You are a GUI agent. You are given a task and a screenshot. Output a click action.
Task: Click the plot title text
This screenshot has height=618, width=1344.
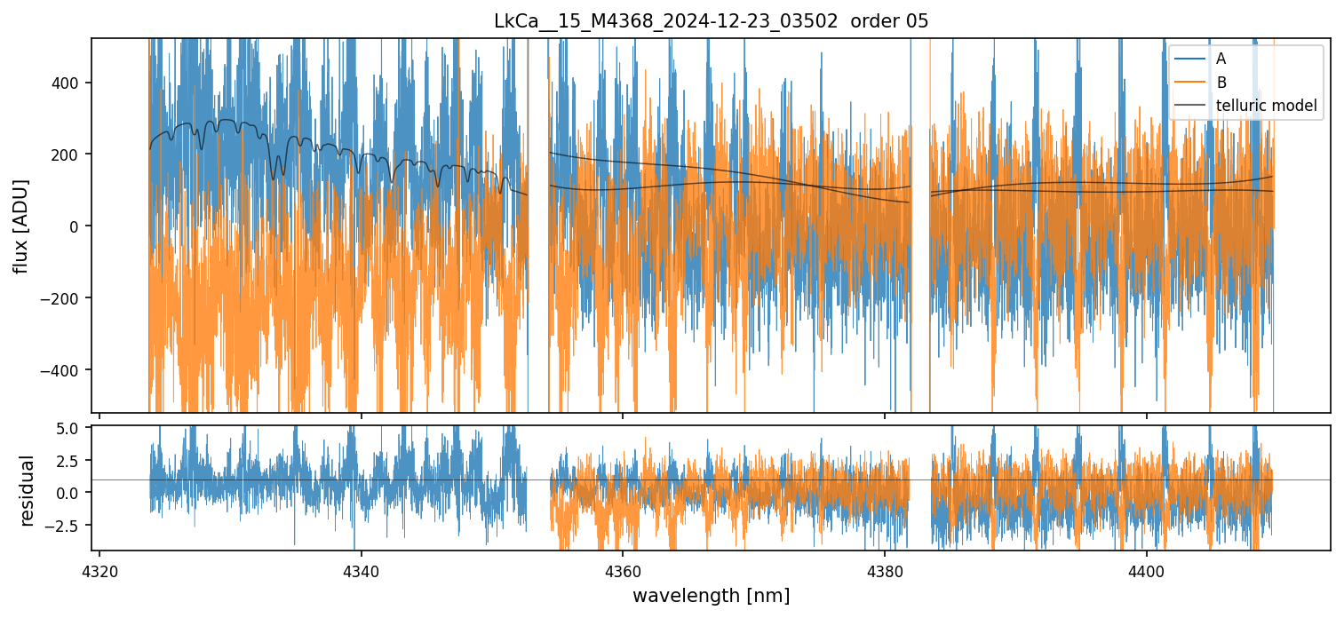[711, 21]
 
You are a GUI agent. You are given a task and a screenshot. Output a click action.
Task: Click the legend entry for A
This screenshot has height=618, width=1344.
[1221, 59]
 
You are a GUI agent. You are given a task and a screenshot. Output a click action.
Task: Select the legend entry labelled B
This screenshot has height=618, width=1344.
[1221, 83]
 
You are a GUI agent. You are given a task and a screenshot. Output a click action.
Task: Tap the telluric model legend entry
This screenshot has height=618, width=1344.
[1266, 107]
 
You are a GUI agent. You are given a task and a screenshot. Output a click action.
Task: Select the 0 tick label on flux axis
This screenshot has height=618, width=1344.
[76, 226]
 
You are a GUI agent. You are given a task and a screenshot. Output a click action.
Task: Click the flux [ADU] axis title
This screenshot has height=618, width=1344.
[20, 226]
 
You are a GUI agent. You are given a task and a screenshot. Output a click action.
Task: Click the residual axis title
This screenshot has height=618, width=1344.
[27, 490]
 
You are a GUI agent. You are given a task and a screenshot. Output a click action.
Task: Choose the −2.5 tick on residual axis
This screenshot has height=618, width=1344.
[67, 525]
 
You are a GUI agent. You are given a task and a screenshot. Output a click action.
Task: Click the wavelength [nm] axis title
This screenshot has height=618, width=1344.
[711, 595]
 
